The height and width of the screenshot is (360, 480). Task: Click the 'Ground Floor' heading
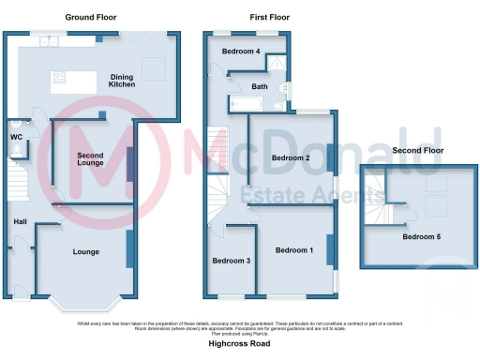pos(91,18)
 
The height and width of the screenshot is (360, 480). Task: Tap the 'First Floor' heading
pos(269,18)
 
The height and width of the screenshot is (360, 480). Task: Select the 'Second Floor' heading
pos(417,151)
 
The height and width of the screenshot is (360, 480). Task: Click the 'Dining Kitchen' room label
pos(123,81)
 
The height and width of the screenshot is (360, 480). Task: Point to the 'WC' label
pos(16,138)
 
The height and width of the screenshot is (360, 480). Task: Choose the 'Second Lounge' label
pos(90,158)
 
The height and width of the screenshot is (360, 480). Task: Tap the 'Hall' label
pos(20,221)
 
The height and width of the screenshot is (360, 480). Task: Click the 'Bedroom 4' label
pos(241,52)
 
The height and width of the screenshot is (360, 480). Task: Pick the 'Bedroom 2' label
pos(291,157)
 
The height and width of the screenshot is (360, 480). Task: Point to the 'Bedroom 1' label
pos(293,250)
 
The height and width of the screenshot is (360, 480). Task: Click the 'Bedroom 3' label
pos(231,261)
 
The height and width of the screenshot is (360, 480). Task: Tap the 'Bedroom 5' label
pos(421,236)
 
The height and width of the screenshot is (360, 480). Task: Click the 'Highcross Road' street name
pos(239,344)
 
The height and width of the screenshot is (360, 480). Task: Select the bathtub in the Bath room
pos(250,105)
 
